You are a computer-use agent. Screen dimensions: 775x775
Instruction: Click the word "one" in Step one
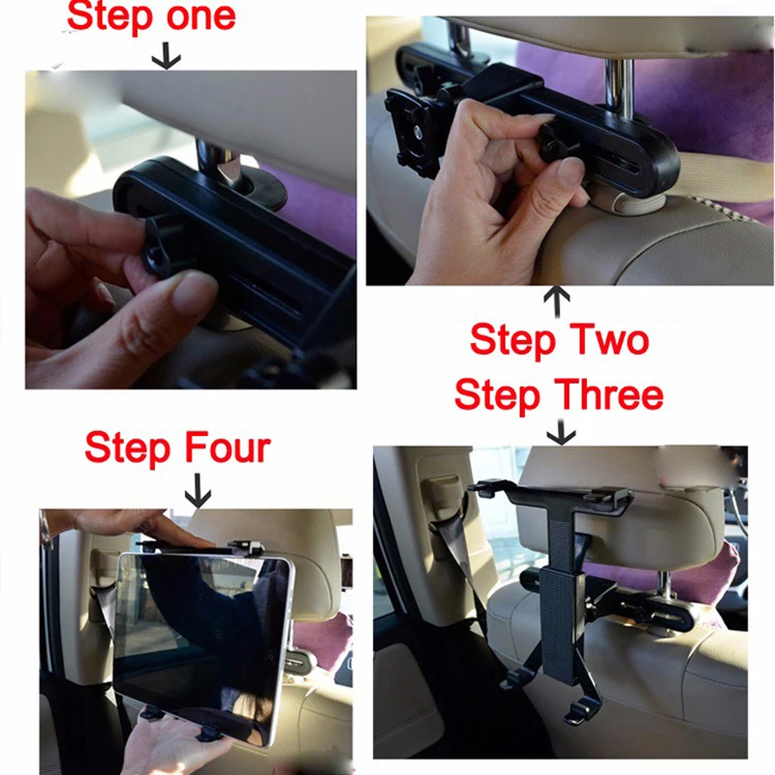tap(201, 16)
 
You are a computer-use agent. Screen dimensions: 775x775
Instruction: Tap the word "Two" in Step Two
tap(608, 340)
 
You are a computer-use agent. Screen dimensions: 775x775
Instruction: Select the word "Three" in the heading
tap(611, 395)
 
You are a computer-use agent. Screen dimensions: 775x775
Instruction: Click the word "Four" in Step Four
tap(228, 448)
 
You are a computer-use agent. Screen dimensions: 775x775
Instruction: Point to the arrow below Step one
tap(166, 55)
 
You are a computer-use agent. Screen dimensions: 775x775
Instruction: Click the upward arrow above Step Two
tap(557, 301)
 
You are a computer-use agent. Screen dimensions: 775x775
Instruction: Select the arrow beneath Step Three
tap(561, 432)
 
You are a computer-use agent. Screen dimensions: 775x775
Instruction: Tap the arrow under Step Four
tap(198, 491)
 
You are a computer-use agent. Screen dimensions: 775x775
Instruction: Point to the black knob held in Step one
tap(159, 245)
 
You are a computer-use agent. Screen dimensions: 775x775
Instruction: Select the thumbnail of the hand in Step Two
tap(570, 174)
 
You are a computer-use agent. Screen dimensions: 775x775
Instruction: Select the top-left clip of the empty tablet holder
tap(486, 487)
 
